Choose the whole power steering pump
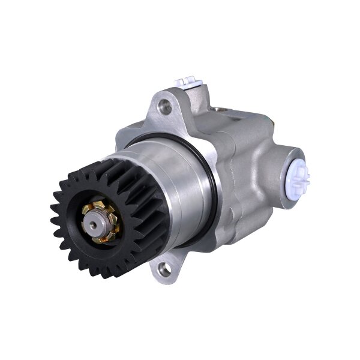(x=180, y=180)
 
